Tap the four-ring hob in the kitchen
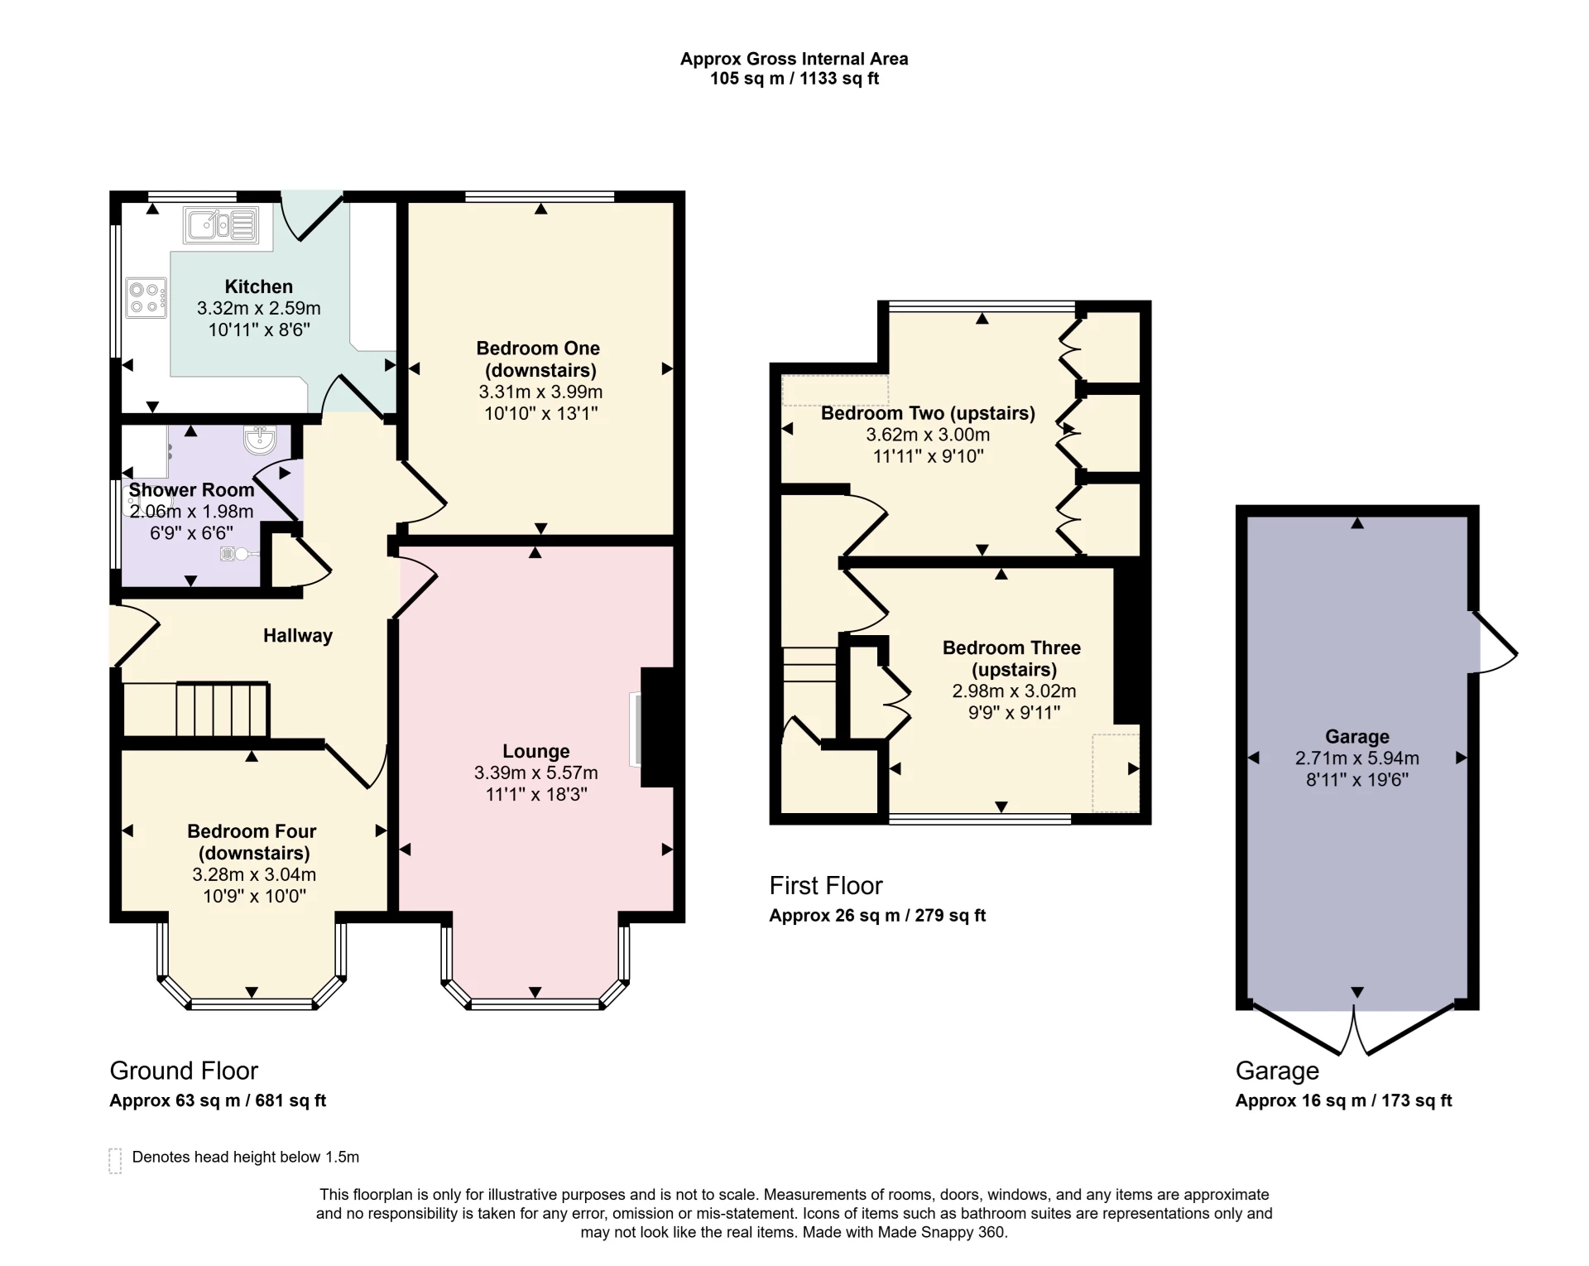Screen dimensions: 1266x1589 146,299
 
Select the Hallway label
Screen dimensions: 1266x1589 297,635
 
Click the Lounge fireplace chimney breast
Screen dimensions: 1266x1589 659,727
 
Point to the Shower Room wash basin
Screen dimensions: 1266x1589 261,440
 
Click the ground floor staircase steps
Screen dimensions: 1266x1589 221,709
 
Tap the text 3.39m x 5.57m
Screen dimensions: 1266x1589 535,773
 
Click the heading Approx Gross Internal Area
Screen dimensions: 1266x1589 794,59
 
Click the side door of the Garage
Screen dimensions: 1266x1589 1494,643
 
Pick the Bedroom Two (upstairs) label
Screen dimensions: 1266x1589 928,413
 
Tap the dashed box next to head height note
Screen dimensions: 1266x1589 115,1161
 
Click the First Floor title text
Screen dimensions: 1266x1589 825,885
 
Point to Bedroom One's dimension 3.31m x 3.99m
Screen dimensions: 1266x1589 540,392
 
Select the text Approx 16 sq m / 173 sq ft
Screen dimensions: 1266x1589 1343,1100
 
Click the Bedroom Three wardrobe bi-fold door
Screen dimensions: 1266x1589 895,700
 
